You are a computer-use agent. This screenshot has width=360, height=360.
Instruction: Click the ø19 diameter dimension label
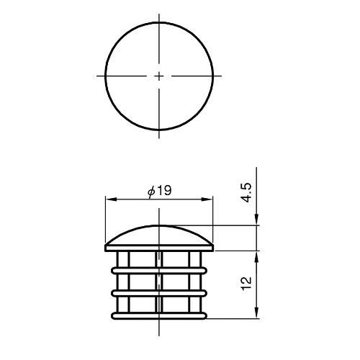[x=160, y=192]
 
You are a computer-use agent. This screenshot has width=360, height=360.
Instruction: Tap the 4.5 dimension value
[x=247, y=192]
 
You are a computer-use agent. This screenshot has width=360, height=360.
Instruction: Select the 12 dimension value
[x=247, y=284]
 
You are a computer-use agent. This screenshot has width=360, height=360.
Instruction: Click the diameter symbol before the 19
[x=151, y=192]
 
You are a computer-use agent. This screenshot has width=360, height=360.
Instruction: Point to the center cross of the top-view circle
[x=159, y=76]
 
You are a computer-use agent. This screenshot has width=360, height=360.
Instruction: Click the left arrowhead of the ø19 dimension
[x=111, y=199]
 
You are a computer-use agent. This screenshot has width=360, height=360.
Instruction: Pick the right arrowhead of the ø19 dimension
[x=207, y=199]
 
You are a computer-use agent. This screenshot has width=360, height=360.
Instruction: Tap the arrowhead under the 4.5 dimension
[x=256, y=220]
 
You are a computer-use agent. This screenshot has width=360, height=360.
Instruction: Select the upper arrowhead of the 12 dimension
[x=256, y=257]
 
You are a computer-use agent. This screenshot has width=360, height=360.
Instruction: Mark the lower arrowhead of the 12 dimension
[x=256, y=313]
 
